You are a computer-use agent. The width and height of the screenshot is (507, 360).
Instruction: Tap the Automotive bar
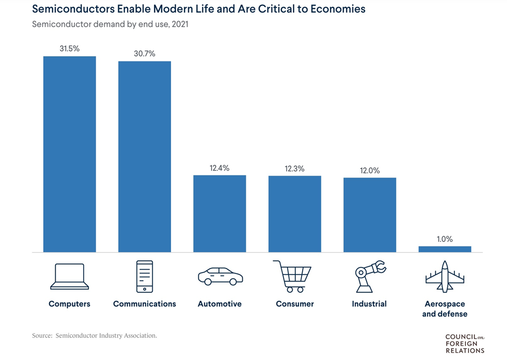(x=219, y=213)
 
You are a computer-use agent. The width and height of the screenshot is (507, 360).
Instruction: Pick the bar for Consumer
(x=294, y=214)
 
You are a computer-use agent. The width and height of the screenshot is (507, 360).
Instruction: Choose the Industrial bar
(x=369, y=215)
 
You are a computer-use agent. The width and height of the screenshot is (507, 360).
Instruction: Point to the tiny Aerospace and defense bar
(x=445, y=249)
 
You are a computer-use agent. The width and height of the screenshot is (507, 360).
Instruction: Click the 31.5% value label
(x=69, y=48)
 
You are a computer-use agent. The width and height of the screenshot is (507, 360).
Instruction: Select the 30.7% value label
(x=145, y=54)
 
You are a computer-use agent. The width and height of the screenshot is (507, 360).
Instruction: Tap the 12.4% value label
(x=219, y=168)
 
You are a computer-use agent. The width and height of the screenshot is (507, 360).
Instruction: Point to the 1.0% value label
(x=445, y=239)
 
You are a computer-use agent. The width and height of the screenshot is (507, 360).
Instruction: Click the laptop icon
(x=70, y=276)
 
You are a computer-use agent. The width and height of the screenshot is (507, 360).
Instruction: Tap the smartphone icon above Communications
(x=145, y=276)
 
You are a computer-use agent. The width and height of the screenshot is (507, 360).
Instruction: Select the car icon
(x=220, y=276)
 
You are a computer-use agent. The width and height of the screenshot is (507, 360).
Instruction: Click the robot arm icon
(x=370, y=276)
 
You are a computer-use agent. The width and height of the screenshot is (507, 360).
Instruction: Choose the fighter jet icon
(x=444, y=276)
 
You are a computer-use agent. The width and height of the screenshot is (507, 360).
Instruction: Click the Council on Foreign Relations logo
(x=464, y=344)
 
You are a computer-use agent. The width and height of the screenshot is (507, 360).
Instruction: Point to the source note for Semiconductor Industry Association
(x=94, y=336)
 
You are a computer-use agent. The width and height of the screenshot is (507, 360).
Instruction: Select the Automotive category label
(x=219, y=304)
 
